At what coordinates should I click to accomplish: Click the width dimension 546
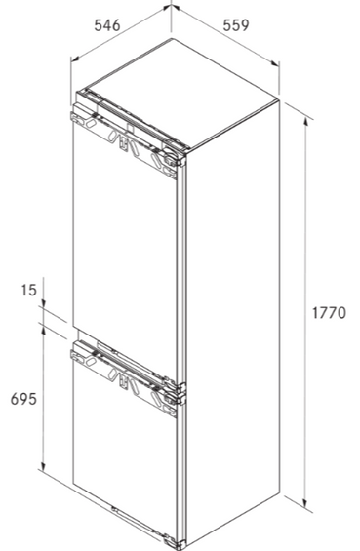pos(106,25)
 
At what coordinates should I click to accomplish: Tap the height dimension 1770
pos(330,314)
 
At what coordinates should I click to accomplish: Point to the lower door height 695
pos(23,399)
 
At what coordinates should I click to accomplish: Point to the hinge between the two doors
pos(175,393)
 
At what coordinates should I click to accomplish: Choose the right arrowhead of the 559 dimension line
pos(279,66)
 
